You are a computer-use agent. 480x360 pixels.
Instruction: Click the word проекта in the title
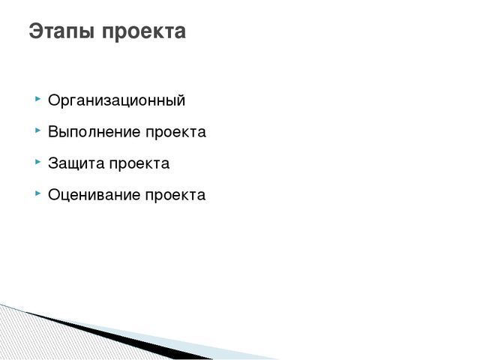[x=143, y=32]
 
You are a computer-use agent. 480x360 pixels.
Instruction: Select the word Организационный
[x=117, y=100]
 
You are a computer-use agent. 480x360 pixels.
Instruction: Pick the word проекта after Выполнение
[x=175, y=133]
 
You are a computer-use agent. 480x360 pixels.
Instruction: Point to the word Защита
[x=76, y=163]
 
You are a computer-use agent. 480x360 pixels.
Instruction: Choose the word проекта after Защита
[x=139, y=164]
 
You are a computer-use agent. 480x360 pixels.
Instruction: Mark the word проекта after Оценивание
[x=175, y=196]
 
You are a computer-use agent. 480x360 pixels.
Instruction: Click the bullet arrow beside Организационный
[x=38, y=98]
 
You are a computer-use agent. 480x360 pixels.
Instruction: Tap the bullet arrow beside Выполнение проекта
[x=38, y=130]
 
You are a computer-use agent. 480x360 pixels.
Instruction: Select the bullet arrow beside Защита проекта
[x=38, y=162]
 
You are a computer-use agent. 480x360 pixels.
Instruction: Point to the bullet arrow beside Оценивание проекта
[x=38, y=193]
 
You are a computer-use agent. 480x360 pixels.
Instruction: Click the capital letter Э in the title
[x=36, y=31]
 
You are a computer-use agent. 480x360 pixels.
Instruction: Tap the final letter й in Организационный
[x=180, y=100]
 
